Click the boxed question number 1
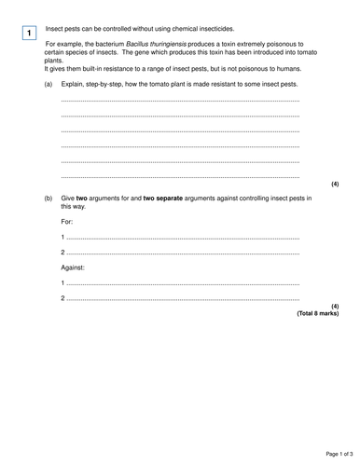pyautogui.click(x=29, y=34)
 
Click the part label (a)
pyautogui.click(x=48, y=84)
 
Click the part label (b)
pyautogui.click(x=48, y=199)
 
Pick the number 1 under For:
pyautogui.click(x=62, y=237)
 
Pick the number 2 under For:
pyautogui.click(x=62, y=253)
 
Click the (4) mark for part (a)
pyautogui.click(x=335, y=183)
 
